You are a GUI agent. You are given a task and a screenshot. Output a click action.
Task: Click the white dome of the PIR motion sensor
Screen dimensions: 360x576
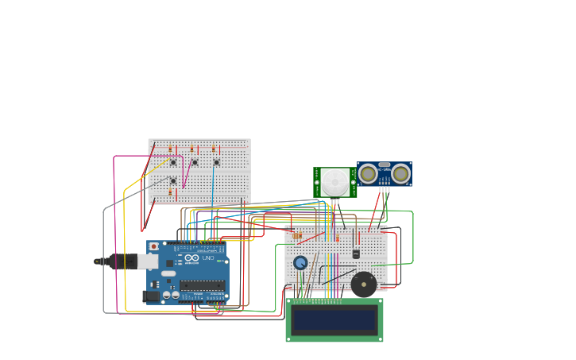pyautogui.click(x=334, y=182)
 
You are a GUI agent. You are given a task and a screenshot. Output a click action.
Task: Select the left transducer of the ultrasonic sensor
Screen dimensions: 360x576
pyautogui.click(x=368, y=174)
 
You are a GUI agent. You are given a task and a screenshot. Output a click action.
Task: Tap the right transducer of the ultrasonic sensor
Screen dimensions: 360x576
pyautogui.click(x=400, y=174)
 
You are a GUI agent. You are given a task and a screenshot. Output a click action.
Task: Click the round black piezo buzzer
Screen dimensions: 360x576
pyautogui.click(x=364, y=284)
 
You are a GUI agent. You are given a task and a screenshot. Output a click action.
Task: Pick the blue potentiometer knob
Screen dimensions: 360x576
pyautogui.click(x=300, y=262)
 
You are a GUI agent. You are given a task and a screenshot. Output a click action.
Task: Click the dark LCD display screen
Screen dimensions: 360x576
pyautogui.click(x=334, y=320)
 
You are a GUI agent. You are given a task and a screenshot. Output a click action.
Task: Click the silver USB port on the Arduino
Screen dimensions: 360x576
pyautogui.click(x=148, y=261)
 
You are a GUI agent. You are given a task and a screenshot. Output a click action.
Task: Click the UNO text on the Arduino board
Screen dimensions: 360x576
pyautogui.click(x=208, y=258)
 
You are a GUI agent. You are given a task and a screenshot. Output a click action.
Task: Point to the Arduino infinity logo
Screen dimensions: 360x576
pyautogui.click(x=191, y=258)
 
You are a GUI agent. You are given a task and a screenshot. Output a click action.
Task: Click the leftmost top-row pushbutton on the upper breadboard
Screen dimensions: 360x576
pyautogui.click(x=173, y=162)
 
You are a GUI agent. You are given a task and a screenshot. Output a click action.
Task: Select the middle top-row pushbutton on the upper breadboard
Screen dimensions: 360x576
pyautogui.click(x=195, y=162)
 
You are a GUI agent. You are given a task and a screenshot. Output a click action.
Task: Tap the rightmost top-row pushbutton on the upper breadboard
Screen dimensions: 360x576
pyautogui.click(x=216, y=162)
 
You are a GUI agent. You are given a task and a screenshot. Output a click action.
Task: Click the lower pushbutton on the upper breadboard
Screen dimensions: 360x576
pyautogui.click(x=173, y=180)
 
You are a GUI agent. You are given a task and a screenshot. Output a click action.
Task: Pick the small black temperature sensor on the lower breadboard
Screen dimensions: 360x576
pyautogui.click(x=356, y=254)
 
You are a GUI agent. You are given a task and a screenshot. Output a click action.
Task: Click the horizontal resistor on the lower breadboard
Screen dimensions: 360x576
pyautogui.click(x=297, y=236)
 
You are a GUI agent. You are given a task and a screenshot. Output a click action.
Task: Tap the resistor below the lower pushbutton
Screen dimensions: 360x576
pyautogui.click(x=170, y=192)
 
